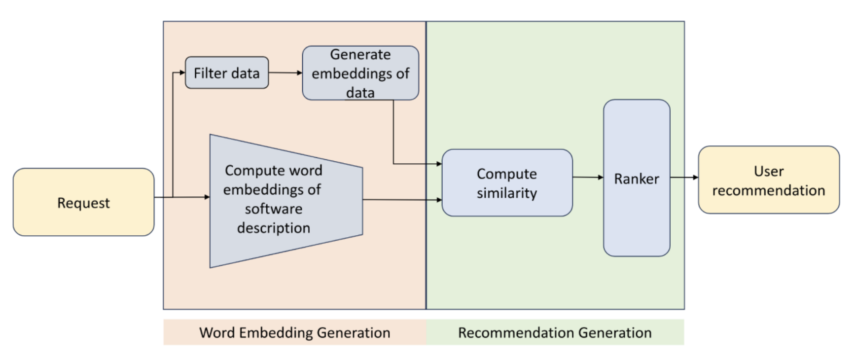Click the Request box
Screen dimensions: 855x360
point(83,202)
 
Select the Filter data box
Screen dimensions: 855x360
point(227,73)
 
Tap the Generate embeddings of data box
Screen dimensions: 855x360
point(360,73)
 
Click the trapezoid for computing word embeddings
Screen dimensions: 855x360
point(286,201)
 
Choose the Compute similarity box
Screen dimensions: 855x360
point(507,183)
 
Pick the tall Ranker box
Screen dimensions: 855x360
point(637,178)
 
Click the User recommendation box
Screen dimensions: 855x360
point(769,180)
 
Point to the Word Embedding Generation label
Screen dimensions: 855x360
point(295,332)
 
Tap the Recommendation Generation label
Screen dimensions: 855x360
point(555,332)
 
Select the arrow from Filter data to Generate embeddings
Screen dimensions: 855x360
point(285,73)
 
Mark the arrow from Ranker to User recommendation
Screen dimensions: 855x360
point(684,177)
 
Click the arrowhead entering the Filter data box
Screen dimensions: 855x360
point(182,73)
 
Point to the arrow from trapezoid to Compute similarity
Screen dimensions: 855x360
point(402,200)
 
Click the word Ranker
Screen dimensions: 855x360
point(637,179)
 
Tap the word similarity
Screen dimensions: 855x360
point(507,193)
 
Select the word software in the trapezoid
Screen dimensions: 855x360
point(274,209)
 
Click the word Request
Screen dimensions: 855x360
point(83,203)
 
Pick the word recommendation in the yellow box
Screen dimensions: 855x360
point(769,190)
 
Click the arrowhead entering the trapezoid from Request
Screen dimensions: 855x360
point(207,197)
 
